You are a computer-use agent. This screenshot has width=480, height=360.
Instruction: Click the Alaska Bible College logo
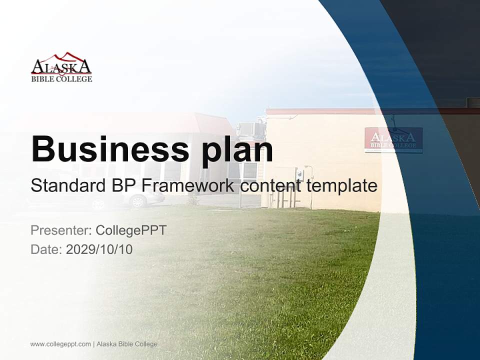point(61,67)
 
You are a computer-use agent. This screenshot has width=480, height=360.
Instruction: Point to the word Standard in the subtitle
point(66,186)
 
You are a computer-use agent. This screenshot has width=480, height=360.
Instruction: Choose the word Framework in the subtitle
point(188,186)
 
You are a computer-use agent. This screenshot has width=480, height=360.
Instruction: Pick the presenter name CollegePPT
point(131,230)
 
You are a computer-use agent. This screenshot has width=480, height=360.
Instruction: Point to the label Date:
point(46,249)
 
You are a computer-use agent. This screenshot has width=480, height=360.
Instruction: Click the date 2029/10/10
point(99,249)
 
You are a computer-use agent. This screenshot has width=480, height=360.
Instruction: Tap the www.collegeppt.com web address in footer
point(60,344)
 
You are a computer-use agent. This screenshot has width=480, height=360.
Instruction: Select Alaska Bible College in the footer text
point(127,344)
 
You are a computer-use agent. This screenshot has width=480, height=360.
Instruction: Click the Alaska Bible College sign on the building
point(393,140)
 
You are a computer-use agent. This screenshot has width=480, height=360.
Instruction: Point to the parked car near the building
point(143,199)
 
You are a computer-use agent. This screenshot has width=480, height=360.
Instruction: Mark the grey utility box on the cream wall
point(300,174)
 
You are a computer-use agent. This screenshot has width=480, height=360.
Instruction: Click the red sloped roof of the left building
point(210,123)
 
